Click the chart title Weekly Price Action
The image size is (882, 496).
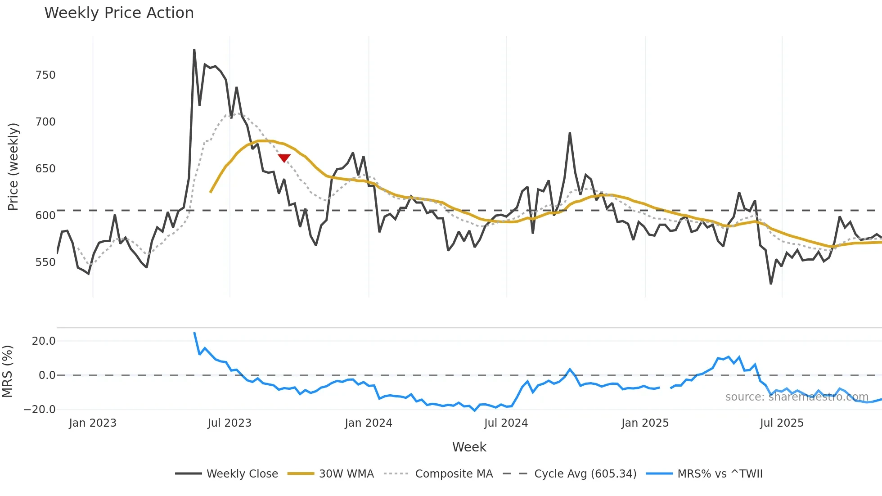click(x=119, y=13)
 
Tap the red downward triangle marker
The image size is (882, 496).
click(x=284, y=158)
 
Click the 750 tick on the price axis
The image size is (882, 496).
click(x=45, y=75)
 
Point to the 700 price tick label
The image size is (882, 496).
click(x=45, y=122)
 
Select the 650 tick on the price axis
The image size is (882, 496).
click(x=45, y=169)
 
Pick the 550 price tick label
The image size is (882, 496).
click(x=45, y=262)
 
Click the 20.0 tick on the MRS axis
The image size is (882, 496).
click(x=44, y=341)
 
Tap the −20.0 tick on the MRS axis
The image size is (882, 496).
click(x=40, y=410)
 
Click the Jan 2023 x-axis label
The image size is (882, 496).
click(x=93, y=423)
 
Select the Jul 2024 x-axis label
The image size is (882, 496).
click(x=506, y=423)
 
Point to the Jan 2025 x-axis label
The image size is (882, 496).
click(x=645, y=423)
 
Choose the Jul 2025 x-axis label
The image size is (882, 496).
click(x=782, y=423)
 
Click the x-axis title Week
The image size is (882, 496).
click(x=469, y=447)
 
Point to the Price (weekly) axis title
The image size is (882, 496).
click(x=13, y=167)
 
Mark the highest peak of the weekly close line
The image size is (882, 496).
click(x=194, y=50)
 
